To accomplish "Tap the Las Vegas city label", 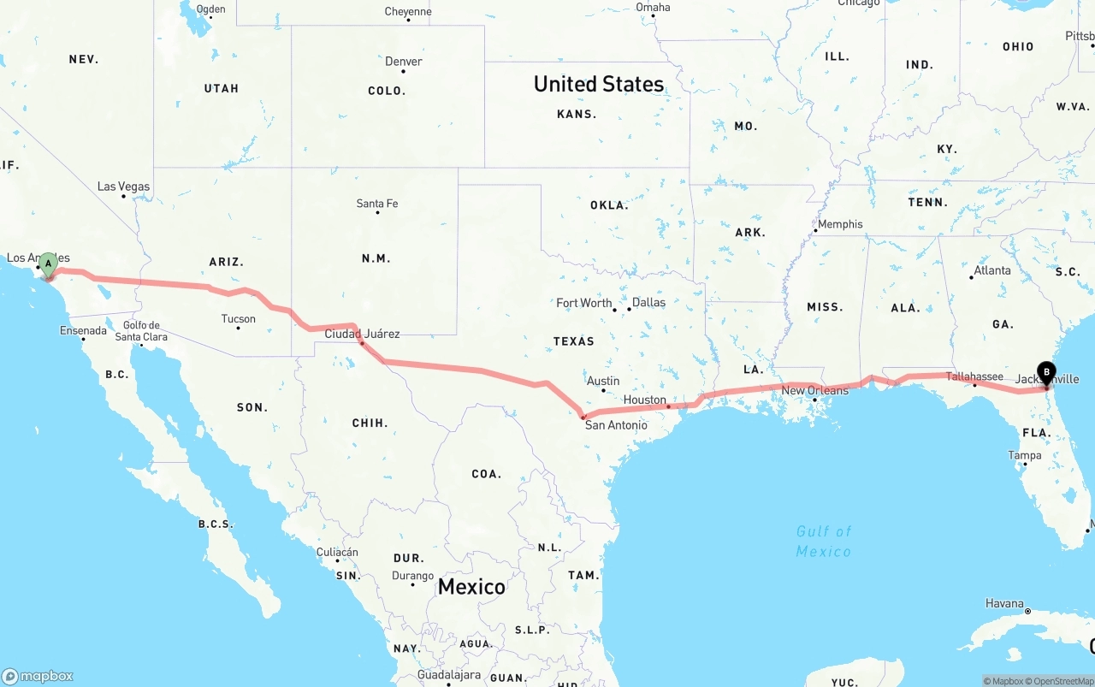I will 123,187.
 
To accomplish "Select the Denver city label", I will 403,62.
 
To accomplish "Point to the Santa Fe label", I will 377,204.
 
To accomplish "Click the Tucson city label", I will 238,319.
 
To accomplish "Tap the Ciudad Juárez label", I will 362,334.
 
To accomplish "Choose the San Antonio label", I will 616,425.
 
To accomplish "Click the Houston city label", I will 644,400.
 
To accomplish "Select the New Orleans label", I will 815,390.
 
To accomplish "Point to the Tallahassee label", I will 974,376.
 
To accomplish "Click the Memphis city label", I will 840,224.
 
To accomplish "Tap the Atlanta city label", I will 992,270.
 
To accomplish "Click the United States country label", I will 599,84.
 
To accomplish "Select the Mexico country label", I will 471,587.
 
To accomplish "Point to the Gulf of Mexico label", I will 824,542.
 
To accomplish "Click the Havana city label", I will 1004,603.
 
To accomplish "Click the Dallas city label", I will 649,302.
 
